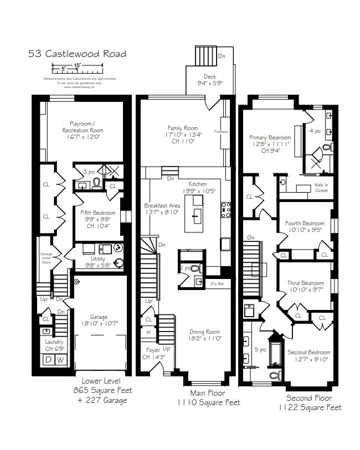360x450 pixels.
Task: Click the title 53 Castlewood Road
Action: pyautogui.click(x=77, y=54)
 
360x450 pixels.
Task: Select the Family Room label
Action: pyautogui.click(x=183, y=133)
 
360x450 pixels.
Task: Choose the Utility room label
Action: pyautogui.click(x=97, y=261)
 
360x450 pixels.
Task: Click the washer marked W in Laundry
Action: pyautogui.click(x=61, y=359)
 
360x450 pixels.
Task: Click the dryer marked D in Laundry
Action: pyautogui.click(x=48, y=359)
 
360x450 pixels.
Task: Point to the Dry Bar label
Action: pyautogui.click(x=217, y=284)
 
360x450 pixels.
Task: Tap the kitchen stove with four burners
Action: pyautogui.click(x=225, y=209)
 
